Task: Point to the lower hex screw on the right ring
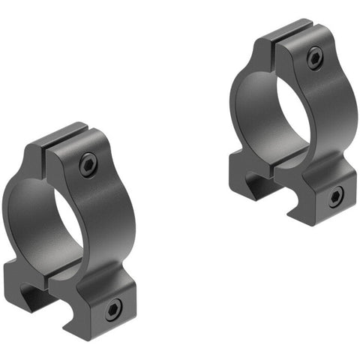pos(334,197)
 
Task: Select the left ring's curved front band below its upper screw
pos(97,217)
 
